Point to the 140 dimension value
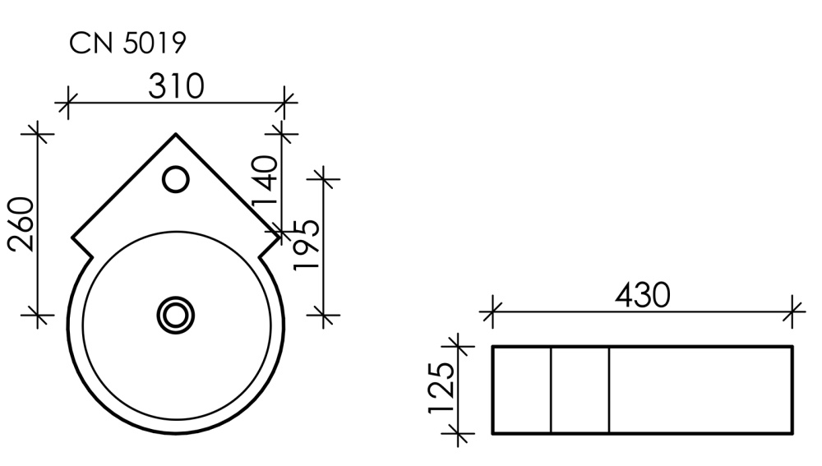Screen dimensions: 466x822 tap(266, 182)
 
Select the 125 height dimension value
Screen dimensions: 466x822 tap(441, 388)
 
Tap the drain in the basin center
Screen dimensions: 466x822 tap(175, 314)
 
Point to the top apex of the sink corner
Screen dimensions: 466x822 tap(176, 133)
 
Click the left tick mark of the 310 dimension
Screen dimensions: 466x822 tap(67, 104)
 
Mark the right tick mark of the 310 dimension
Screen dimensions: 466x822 tap(284, 104)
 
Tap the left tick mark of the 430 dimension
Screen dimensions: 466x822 tap(492, 311)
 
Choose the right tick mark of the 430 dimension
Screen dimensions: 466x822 tap(793, 311)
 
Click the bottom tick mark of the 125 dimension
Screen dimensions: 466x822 tap(458, 432)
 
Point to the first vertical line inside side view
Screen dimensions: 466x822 tap(550, 390)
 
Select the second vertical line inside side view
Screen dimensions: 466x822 tap(609, 390)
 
